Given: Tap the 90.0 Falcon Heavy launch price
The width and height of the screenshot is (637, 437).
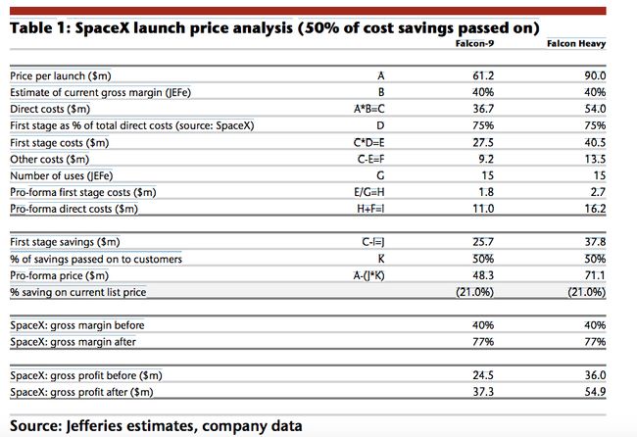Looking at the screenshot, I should [596, 74].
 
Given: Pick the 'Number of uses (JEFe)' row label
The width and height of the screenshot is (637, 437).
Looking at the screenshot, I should [63, 174].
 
